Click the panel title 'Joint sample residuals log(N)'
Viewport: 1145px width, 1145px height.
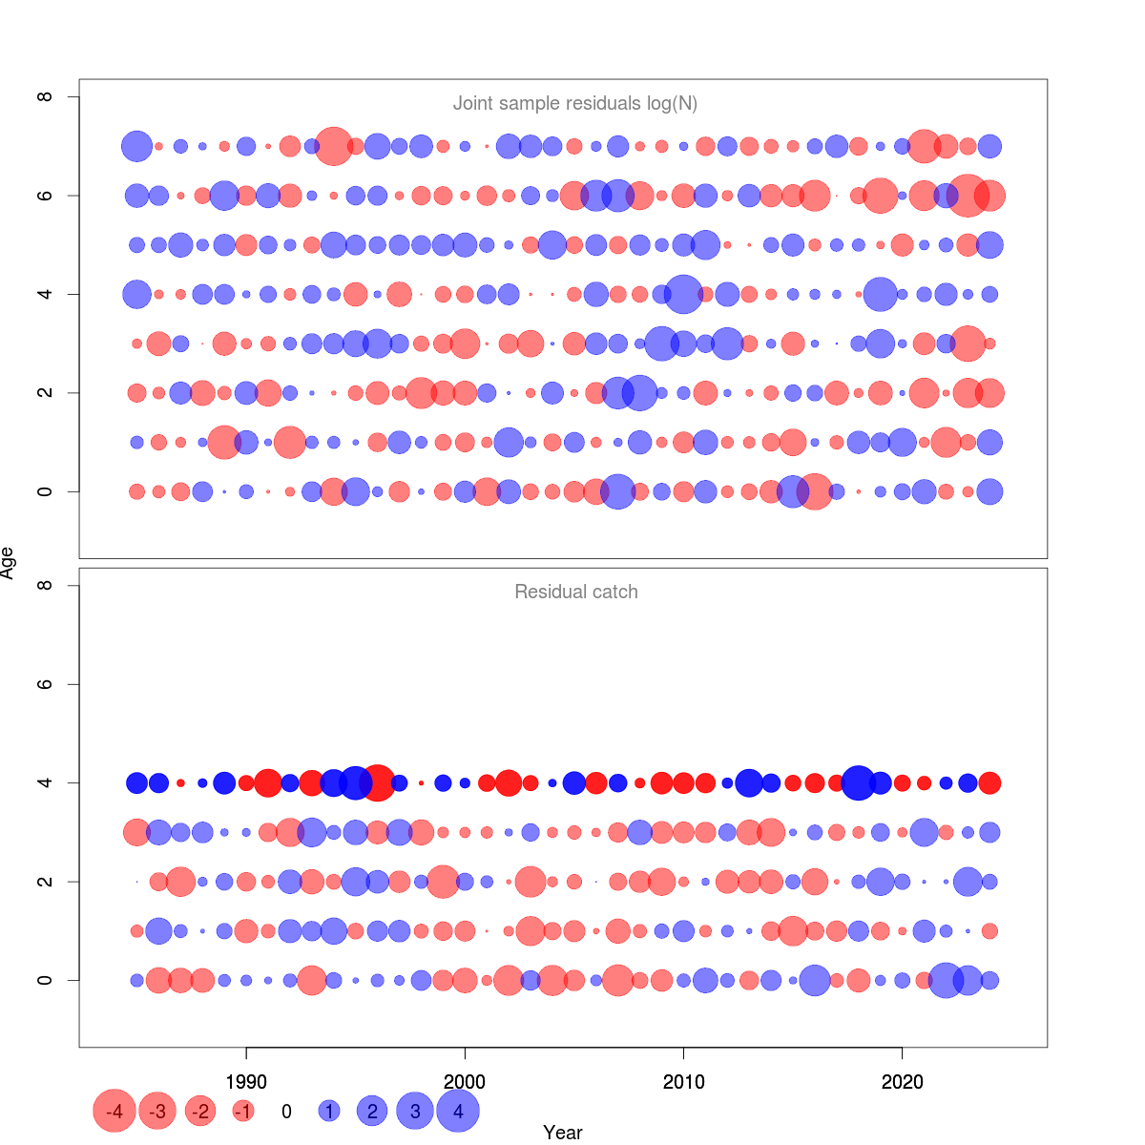[575, 103]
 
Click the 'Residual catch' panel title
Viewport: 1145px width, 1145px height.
[575, 592]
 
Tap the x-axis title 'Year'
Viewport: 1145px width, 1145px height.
[562, 1133]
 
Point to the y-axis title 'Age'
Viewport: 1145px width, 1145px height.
[9, 563]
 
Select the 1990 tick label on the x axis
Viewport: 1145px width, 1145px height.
[246, 1082]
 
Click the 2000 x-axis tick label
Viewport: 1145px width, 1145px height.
[465, 1082]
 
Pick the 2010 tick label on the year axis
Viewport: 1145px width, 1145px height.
[683, 1082]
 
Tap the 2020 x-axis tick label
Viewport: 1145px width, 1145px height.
[902, 1082]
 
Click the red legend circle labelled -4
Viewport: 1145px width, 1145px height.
[114, 1111]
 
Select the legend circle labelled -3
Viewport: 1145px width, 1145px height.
[157, 1111]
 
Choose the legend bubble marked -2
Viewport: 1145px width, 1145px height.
[200, 1111]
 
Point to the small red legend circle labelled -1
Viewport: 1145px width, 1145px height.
[243, 1111]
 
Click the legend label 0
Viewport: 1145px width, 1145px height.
[286, 1111]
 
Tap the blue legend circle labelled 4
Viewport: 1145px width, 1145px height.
[458, 1111]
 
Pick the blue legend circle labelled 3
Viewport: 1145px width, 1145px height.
[415, 1111]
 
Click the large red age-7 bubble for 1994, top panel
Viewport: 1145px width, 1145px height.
[334, 146]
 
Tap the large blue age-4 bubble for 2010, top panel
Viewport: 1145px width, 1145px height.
[683, 294]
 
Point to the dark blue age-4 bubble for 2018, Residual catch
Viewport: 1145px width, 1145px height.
[858, 782]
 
